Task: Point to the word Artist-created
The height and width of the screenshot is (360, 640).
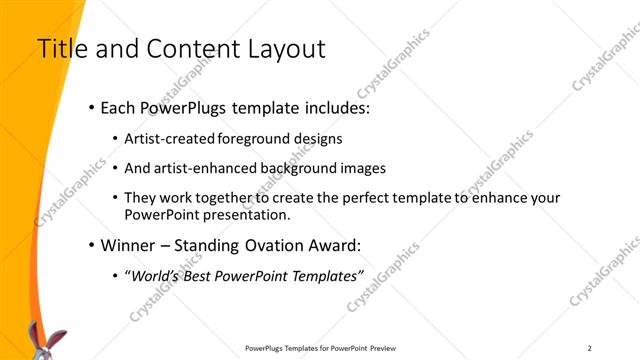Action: [x=168, y=139]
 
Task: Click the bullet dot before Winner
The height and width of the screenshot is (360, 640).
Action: [x=92, y=245]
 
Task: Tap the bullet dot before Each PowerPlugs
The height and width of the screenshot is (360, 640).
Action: [x=92, y=107]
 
